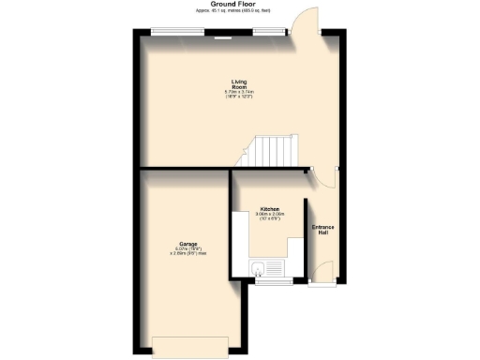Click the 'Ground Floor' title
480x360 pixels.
click(239, 6)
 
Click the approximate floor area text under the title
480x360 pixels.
click(239, 13)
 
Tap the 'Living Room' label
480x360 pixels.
click(239, 83)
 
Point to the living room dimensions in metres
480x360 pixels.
click(239, 92)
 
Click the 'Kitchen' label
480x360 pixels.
click(270, 208)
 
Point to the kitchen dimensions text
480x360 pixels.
click(270, 217)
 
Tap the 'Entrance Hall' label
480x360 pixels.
click(322, 230)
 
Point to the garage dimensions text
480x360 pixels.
click(174, 251)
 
